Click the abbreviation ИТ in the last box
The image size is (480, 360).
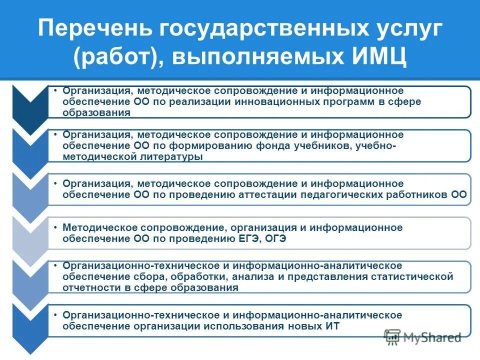(332, 326)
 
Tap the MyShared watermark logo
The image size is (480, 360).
(423, 337)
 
